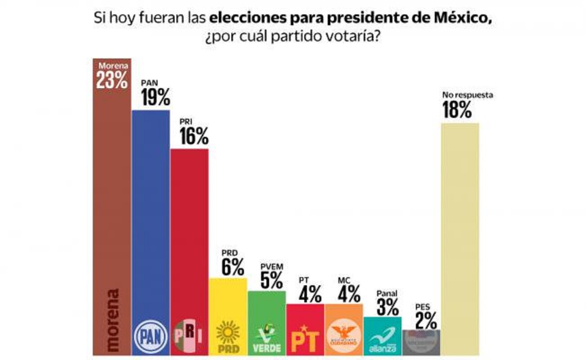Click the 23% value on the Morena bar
coord(112,80)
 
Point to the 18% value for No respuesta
coord(456,110)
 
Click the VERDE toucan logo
coord(266,337)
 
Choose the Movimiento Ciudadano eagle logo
coord(343,337)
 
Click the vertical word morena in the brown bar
coord(112,319)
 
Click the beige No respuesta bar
coord(460,238)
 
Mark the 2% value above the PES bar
coord(425,320)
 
